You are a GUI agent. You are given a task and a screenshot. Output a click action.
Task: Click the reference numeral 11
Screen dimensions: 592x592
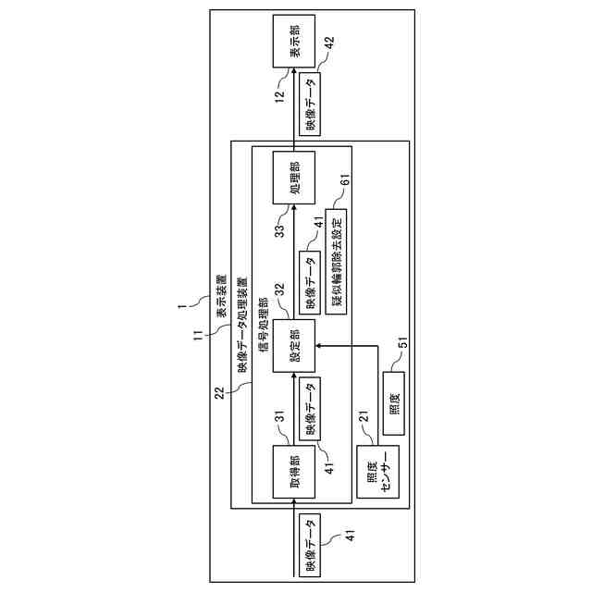[198, 334]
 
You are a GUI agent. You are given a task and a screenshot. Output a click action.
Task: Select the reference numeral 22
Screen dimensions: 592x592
[218, 393]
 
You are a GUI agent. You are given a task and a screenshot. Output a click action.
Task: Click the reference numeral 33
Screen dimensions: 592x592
[278, 229]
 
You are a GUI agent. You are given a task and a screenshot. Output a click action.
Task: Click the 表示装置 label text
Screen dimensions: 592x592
[223, 298]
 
